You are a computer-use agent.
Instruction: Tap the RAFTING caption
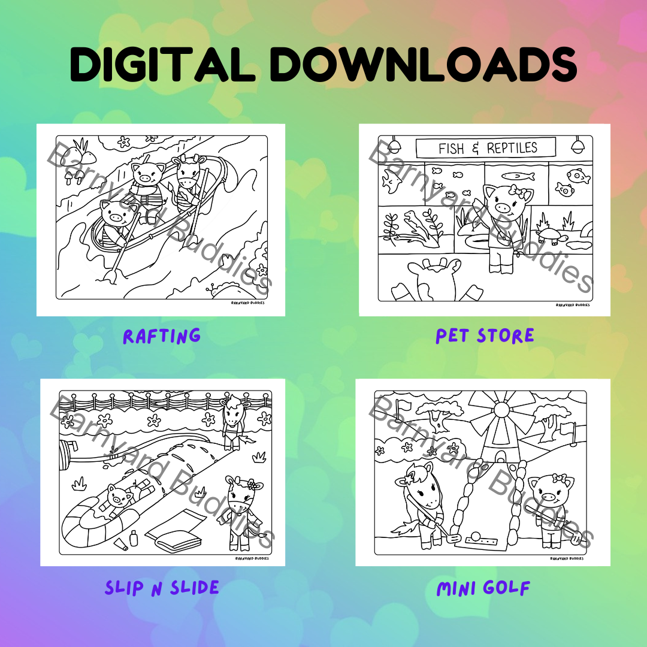(162, 336)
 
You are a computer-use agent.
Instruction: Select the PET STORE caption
(485, 336)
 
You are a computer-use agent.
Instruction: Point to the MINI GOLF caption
(483, 588)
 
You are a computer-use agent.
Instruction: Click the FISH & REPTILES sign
(486, 148)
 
